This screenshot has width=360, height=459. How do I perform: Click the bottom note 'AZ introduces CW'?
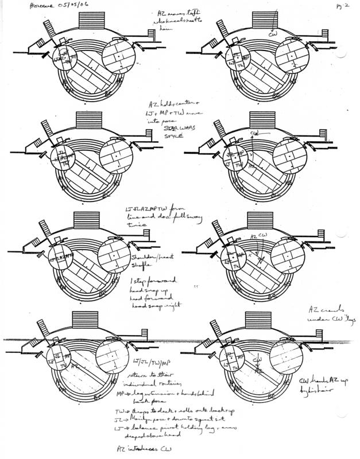click(x=138, y=446)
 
